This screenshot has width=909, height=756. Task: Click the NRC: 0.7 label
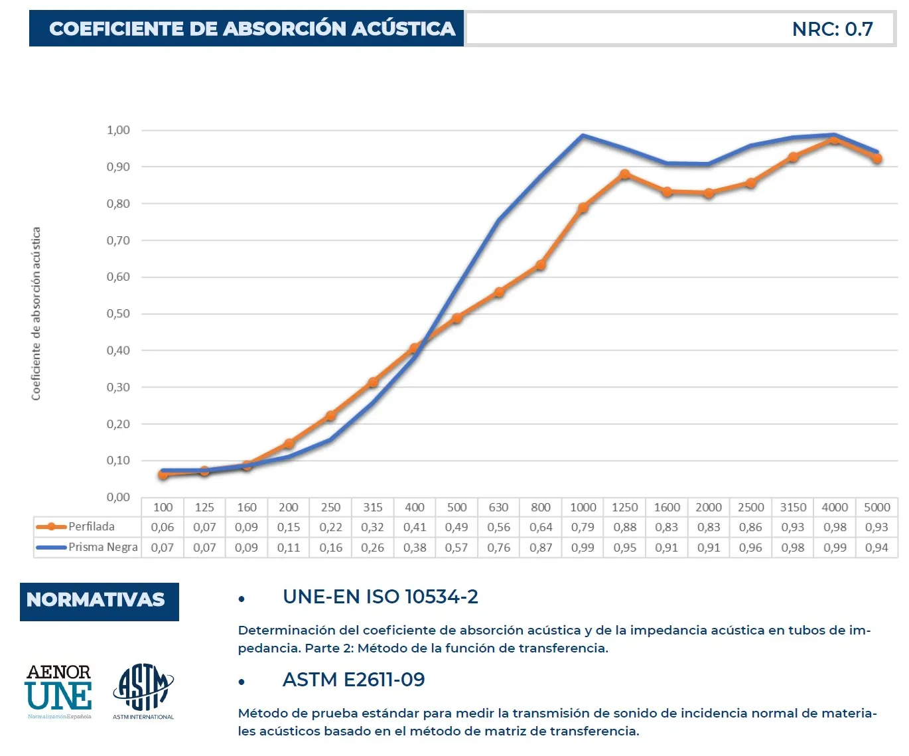coord(832,29)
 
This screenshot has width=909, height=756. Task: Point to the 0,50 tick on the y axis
coord(118,313)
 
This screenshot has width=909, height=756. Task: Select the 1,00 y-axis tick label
coord(118,130)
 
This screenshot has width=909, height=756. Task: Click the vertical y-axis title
coord(36,313)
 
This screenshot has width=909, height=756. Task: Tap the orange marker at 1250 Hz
coord(625,175)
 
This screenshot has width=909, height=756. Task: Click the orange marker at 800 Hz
coord(541,265)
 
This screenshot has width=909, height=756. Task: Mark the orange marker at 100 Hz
coord(163,475)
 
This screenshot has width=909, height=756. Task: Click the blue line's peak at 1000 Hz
coord(583,136)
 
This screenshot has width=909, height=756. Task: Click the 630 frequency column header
coord(498,507)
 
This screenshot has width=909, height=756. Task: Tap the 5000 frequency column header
coord(876,507)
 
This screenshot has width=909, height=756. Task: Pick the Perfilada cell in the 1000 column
coord(583,527)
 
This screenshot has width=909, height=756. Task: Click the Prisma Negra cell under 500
coord(456,548)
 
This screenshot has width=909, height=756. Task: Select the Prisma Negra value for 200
coord(289,548)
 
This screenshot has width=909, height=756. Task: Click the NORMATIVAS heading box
coord(100,601)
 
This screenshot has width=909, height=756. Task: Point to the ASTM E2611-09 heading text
coord(354,680)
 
